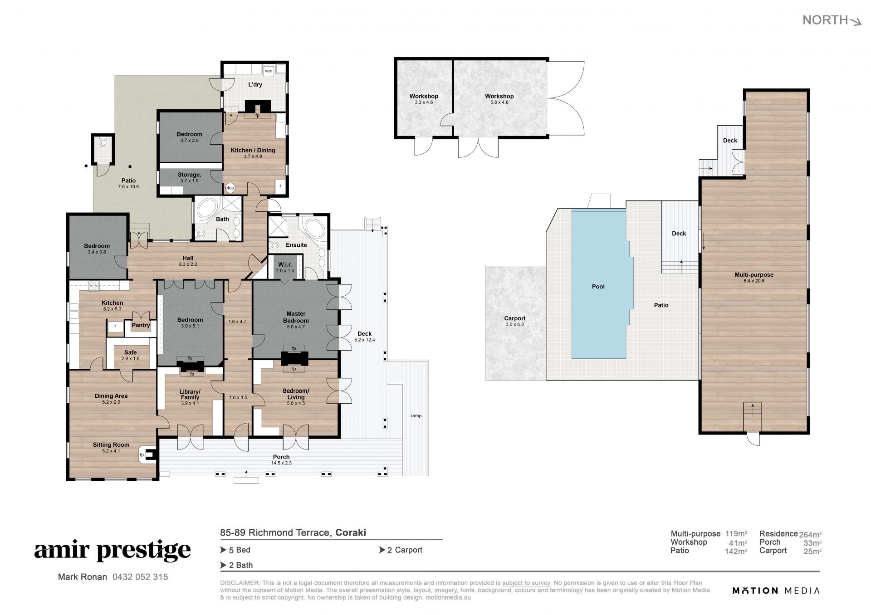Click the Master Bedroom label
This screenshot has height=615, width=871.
tap(296, 317)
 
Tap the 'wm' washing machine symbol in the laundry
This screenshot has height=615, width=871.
tap(269, 71)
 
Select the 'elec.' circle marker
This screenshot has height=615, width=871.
tap(230, 188)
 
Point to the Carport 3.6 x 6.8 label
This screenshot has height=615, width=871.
tap(515, 321)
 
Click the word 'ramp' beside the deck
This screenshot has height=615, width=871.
tap(416, 416)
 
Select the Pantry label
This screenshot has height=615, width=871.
tap(141, 325)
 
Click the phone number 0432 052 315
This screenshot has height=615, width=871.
tap(140, 577)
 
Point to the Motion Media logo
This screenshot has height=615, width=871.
tap(776, 591)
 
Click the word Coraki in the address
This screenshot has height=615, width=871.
tap(351, 532)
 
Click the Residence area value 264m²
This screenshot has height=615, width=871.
tap(811, 534)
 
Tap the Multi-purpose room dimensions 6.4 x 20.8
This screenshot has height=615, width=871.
tap(754, 281)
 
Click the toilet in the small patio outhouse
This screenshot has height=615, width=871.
tap(103, 143)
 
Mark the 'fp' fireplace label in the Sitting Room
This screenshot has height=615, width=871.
tap(142, 455)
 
